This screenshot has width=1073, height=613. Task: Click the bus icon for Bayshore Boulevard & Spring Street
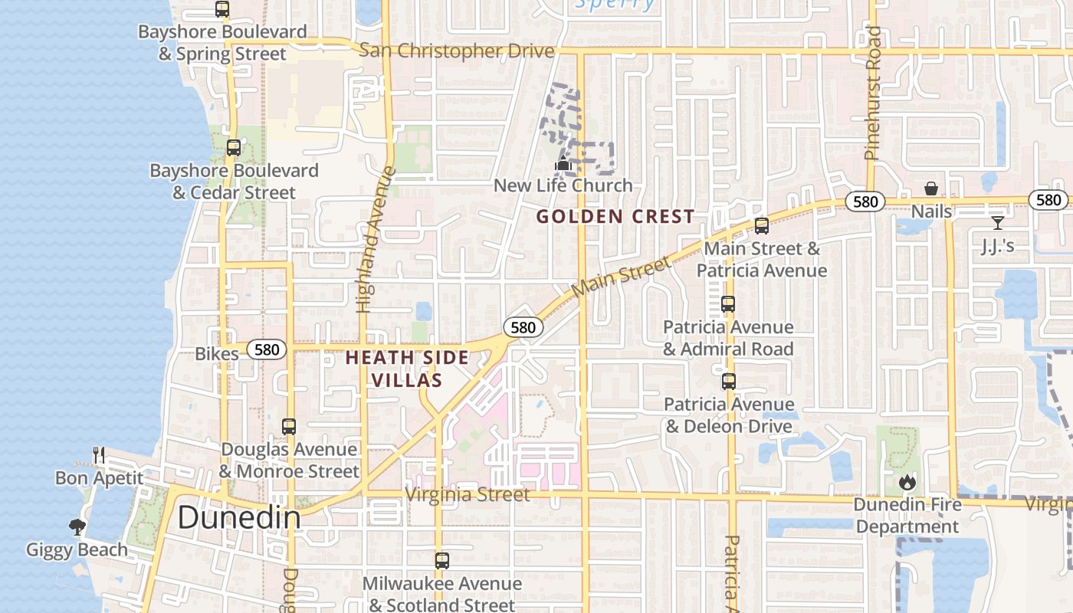click(x=222, y=9)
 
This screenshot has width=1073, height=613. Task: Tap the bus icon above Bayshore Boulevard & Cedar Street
click(x=234, y=148)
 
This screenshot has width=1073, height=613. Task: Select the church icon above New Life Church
click(x=563, y=163)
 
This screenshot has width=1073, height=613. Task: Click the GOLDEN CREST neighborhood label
click(x=615, y=217)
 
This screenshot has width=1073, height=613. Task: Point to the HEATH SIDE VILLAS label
click(x=406, y=369)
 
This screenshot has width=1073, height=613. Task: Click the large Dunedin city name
click(x=239, y=518)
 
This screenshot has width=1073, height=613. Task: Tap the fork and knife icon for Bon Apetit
click(x=99, y=455)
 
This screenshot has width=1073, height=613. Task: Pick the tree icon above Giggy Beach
click(x=77, y=526)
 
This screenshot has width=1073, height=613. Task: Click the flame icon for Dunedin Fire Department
click(x=907, y=482)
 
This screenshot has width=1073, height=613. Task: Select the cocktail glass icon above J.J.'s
click(x=997, y=223)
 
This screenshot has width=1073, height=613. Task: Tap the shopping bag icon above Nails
click(x=931, y=188)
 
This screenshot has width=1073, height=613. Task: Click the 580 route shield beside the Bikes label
click(x=267, y=350)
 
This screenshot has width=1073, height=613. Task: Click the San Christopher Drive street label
click(x=456, y=51)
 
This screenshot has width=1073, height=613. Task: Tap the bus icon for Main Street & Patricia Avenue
click(x=761, y=226)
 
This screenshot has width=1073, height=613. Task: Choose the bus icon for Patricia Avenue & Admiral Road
click(x=728, y=304)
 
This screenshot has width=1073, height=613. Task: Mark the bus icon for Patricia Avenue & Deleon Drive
click(x=729, y=382)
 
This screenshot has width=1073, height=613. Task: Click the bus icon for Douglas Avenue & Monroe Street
click(x=289, y=427)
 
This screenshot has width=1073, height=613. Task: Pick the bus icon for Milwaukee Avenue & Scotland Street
click(x=442, y=561)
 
